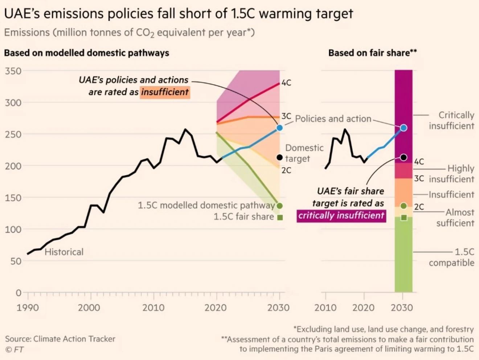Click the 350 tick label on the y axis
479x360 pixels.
coord(13,71)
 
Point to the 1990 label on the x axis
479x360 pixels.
coord(28,308)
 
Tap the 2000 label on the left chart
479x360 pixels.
coord(89,308)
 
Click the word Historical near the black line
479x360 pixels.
coord(64,252)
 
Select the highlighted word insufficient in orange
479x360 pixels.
coord(165,92)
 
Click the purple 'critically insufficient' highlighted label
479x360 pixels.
coord(341,215)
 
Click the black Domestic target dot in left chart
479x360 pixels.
coord(279,157)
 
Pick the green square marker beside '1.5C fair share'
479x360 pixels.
coord(280,218)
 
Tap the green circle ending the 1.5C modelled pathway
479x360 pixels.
coord(279,206)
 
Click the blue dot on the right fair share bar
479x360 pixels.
coord(404,128)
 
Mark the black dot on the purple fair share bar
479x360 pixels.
coord(404,157)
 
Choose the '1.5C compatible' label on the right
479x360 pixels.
coord(451,257)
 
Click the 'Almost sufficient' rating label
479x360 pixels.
coord(455,218)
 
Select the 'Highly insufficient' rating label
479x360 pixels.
coord(452,174)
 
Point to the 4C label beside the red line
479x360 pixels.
coord(286,83)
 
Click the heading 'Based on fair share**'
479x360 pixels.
coord(372,53)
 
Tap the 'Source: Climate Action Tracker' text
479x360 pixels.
coord(60,339)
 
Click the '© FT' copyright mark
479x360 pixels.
coord(15,349)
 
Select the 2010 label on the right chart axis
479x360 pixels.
coord(326,308)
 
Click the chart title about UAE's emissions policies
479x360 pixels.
coord(178,14)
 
